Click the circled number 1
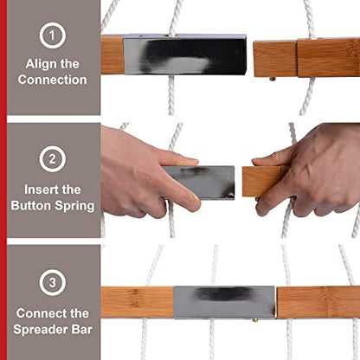53,35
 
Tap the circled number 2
53,159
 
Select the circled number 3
53,283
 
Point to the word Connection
52,80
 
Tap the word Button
31,205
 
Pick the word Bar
82,329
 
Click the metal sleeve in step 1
185,55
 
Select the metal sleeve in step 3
224,302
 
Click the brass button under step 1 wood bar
273,79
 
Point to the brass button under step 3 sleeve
255,319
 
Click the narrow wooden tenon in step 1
275,59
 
